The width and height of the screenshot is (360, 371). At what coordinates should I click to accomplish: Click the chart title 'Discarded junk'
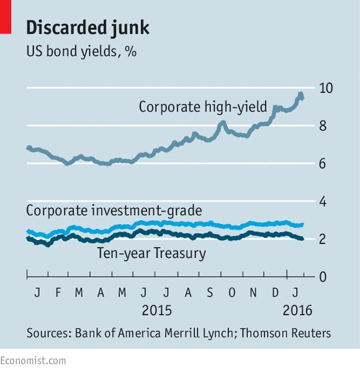88,28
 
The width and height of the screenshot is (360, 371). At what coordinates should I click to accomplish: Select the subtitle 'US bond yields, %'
81,51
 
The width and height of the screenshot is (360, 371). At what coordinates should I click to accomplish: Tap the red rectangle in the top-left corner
6,17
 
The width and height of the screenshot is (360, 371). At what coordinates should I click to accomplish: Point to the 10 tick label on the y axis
326,88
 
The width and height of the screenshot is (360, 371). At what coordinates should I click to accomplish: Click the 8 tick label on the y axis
323,126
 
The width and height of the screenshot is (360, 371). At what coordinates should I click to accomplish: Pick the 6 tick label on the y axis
322,164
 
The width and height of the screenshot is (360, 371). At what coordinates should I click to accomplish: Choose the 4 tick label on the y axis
323,202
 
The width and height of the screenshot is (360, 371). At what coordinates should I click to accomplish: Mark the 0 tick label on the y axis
323,277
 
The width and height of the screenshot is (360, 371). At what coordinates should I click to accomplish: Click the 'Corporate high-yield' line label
203,107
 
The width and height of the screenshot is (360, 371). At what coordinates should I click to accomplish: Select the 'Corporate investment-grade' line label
114,210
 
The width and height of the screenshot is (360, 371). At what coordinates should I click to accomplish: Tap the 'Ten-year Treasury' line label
151,253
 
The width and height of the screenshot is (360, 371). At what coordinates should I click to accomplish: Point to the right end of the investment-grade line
303,225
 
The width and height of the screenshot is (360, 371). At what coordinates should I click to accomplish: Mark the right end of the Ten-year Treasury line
302,239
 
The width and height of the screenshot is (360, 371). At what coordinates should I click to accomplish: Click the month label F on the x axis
58,293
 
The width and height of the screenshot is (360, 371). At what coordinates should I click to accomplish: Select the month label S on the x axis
210,293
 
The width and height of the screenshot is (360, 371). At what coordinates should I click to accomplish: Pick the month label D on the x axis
275,293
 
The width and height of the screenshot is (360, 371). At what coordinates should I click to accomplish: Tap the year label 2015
156,310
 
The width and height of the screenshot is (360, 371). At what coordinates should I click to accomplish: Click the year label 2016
297,310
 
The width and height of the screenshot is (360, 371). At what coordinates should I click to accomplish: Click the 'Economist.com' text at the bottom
33,361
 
